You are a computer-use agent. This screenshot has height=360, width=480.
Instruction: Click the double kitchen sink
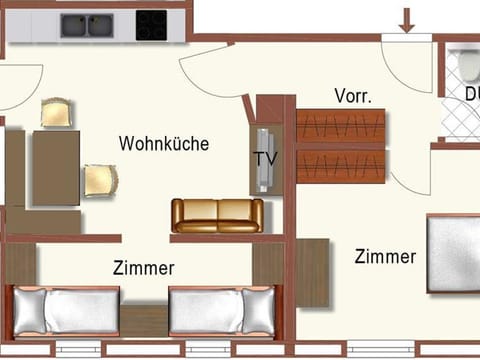tap(86, 25)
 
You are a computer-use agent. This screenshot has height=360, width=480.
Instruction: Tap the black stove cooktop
tap(151, 25)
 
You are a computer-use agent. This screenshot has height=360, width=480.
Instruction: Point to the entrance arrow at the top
tap(407, 18)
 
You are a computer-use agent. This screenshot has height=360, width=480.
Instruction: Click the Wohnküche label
tap(164, 144)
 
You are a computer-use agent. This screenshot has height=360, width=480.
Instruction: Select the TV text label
tap(265, 159)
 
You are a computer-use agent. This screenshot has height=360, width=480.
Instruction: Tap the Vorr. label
tap(353, 97)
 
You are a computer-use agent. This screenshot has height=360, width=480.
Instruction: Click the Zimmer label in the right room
tap(385, 257)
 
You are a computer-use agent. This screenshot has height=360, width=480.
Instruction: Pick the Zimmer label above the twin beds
tap(144, 268)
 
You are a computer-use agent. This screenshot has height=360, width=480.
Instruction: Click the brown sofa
tap(217, 215)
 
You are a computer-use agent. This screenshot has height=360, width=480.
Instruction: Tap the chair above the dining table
tap(57, 112)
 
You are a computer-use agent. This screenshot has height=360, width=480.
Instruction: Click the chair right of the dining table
tap(100, 180)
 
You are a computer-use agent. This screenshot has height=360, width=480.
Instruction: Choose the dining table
tap(56, 167)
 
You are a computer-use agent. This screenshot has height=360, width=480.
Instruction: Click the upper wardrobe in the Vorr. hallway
tap(340, 127)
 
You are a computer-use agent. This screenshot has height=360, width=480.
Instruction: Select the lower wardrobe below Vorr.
tap(340, 165)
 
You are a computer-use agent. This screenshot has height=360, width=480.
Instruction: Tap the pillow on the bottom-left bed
tap(28, 311)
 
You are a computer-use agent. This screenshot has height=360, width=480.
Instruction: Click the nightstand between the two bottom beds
tap(144, 320)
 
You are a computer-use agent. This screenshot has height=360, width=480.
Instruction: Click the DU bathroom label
tap(471, 94)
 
